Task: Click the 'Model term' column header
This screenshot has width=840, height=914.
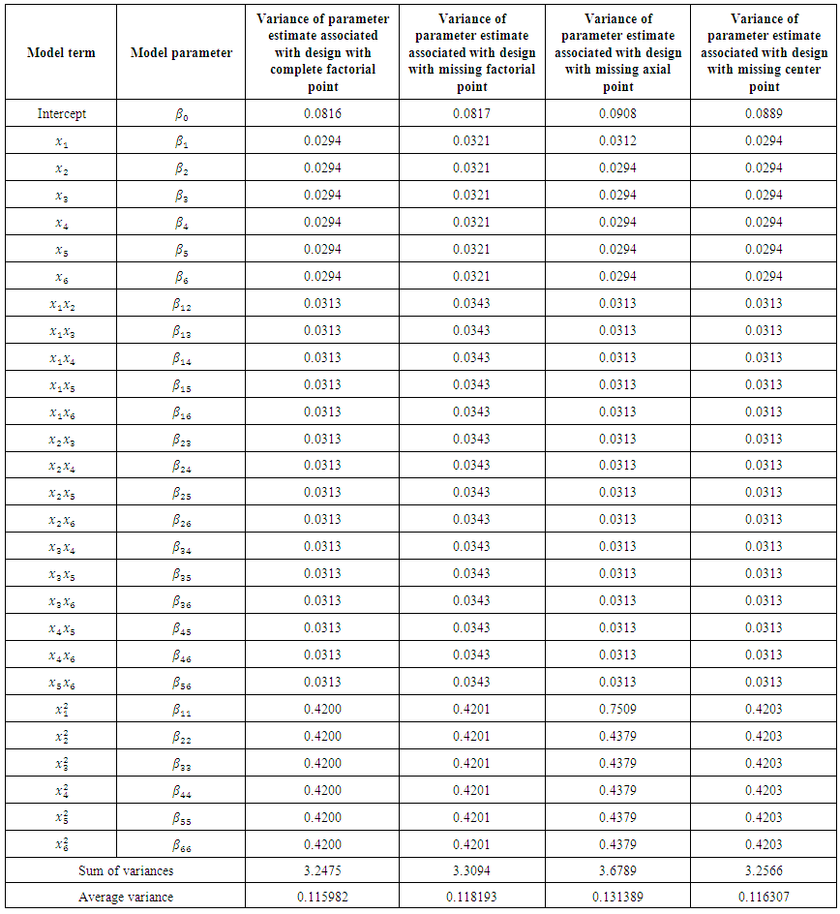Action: pos(61,52)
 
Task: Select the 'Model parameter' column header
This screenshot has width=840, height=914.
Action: pos(181,52)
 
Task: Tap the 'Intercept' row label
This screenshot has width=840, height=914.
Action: pos(61,113)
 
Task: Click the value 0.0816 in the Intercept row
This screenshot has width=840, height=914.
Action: pos(321,113)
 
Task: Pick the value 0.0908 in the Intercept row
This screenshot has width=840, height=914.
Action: pos(617,113)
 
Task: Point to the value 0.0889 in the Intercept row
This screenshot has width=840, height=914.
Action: pos(763,113)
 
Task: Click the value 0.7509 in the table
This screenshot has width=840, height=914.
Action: pos(617,709)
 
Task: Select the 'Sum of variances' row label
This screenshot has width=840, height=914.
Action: pos(126,870)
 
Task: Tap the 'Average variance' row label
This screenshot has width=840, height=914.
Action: pos(126,898)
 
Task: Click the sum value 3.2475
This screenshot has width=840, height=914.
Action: pos(321,870)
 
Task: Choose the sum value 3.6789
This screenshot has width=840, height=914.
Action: pos(617,870)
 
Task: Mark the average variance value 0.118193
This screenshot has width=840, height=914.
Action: pos(471,898)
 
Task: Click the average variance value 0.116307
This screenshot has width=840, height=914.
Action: pos(763,898)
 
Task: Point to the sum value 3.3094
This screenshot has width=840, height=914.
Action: pos(471,870)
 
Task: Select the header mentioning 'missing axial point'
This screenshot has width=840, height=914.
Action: pos(617,52)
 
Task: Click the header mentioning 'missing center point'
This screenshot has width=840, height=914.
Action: pos(763,52)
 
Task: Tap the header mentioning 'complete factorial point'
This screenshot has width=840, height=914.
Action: pos(321,52)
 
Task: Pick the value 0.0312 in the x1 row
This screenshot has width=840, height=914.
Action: pos(617,140)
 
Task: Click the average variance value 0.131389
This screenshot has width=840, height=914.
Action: pos(617,898)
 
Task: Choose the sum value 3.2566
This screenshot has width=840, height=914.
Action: pos(763,870)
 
